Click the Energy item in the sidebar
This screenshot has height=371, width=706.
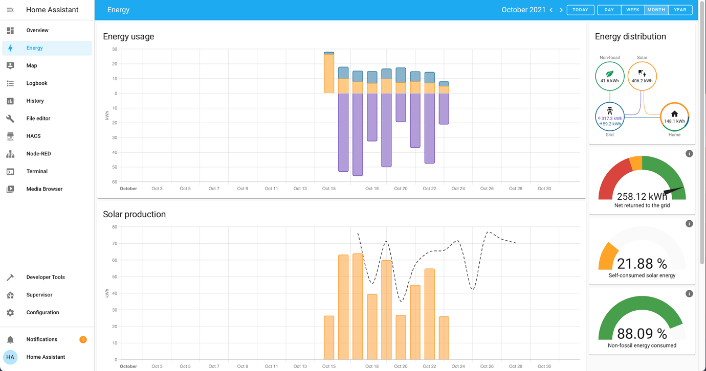point(34,48)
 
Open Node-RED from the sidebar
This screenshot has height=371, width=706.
point(38,154)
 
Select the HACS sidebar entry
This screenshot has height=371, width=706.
point(33,136)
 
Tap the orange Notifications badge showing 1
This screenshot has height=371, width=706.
point(83,339)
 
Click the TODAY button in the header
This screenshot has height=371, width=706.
point(580,10)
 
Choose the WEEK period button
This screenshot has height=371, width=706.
point(632,10)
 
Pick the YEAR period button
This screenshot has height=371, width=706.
point(680,10)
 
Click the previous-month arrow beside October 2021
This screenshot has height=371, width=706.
point(551,10)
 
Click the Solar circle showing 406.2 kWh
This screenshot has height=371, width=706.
point(642,76)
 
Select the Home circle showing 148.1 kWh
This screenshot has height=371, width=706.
point(674,117)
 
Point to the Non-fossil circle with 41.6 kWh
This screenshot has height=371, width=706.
point(609,76)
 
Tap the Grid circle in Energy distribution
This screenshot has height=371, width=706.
point(609,117)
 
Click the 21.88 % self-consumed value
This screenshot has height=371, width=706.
point(642,264)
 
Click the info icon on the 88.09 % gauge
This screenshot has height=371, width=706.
point(689,294)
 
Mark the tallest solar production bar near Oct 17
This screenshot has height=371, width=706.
point(358,307)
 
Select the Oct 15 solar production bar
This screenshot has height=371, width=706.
point(329,337)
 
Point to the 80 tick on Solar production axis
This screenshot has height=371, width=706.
point(115,227)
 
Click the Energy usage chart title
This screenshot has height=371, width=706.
point(128,37)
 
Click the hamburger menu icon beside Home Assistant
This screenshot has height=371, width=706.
point(10,10)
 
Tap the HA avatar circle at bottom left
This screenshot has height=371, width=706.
point(10,357)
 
